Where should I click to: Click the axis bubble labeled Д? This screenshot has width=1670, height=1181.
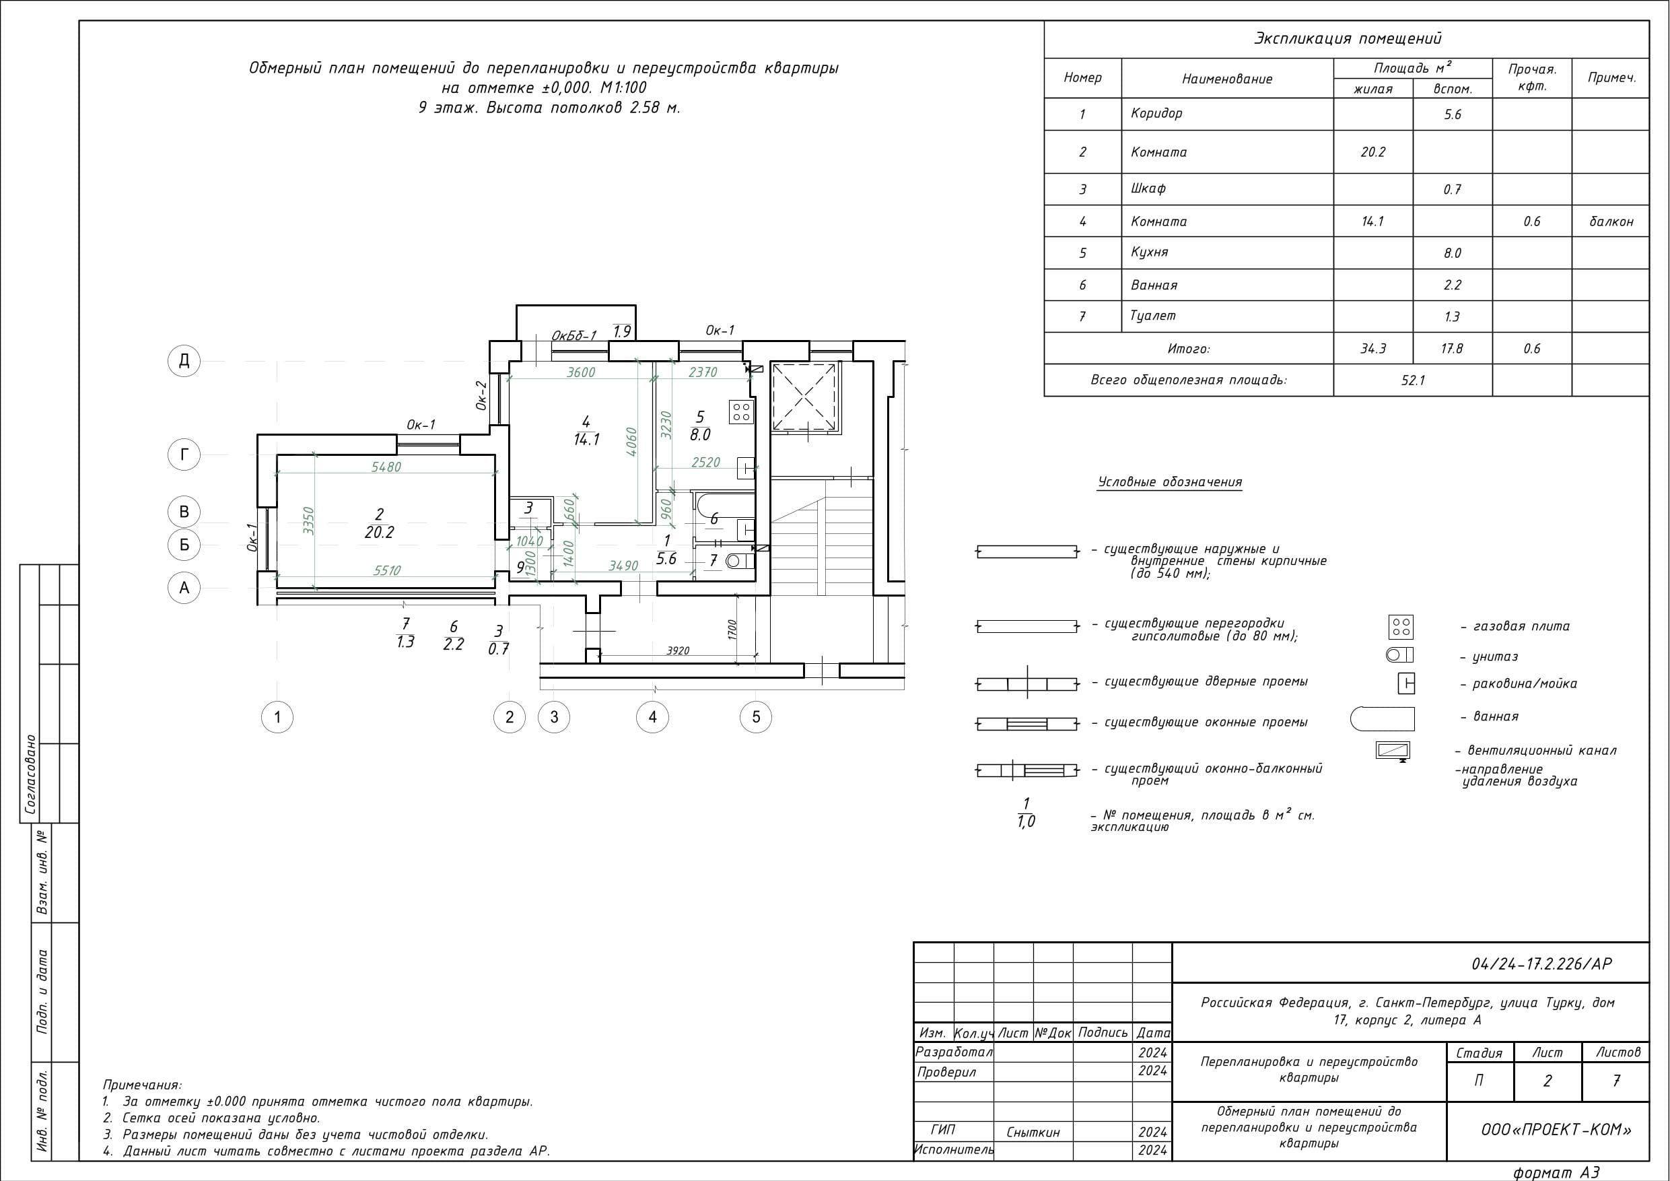(x=184, y=360)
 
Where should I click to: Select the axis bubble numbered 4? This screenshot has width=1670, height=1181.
(x=652, y=718)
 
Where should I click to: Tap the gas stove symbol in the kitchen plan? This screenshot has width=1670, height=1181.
(x=741, y=412)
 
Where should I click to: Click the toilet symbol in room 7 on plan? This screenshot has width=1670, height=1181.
(x=740, y=561)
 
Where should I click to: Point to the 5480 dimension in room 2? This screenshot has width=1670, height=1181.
(x=386, y=467)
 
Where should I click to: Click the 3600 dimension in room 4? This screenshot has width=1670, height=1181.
(x=581, y=372)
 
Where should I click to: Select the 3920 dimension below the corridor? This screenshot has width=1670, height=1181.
(x=678, y=650)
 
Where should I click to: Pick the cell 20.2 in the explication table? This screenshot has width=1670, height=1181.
(x=1372, y=152)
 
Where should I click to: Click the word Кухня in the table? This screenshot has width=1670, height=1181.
(x=1150, y=252)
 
